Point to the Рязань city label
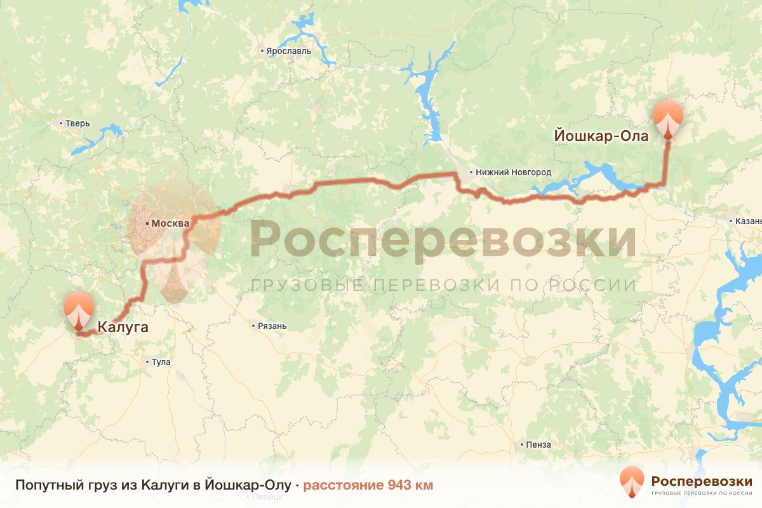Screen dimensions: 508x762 272,326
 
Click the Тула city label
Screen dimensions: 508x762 161,363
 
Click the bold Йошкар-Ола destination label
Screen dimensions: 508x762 601,137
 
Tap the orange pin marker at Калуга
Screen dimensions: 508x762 79,310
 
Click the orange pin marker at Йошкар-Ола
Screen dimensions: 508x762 669,118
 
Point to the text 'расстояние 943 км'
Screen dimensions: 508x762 368,485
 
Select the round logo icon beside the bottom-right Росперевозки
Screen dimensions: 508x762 632,482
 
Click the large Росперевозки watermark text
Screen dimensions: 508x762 443,240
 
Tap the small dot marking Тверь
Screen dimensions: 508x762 61,123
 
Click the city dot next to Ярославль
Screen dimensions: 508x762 262,51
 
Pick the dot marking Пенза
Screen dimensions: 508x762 521,444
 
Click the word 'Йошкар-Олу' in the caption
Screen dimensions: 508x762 257,485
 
